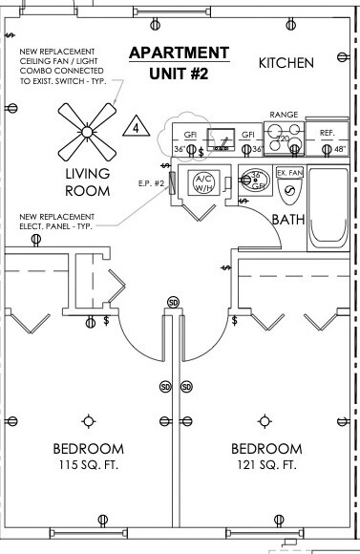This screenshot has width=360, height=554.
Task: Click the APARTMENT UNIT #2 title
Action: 180,62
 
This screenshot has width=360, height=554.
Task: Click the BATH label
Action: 287,220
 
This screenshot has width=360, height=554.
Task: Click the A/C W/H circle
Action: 205,182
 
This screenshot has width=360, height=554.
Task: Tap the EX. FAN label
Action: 288,173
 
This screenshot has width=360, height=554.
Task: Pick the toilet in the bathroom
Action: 289,192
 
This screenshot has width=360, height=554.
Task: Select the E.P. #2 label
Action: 152,182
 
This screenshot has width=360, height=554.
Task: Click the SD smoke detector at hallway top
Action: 173,302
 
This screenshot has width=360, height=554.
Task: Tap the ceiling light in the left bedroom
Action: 89,420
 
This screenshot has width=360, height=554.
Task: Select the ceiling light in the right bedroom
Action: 263,420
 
